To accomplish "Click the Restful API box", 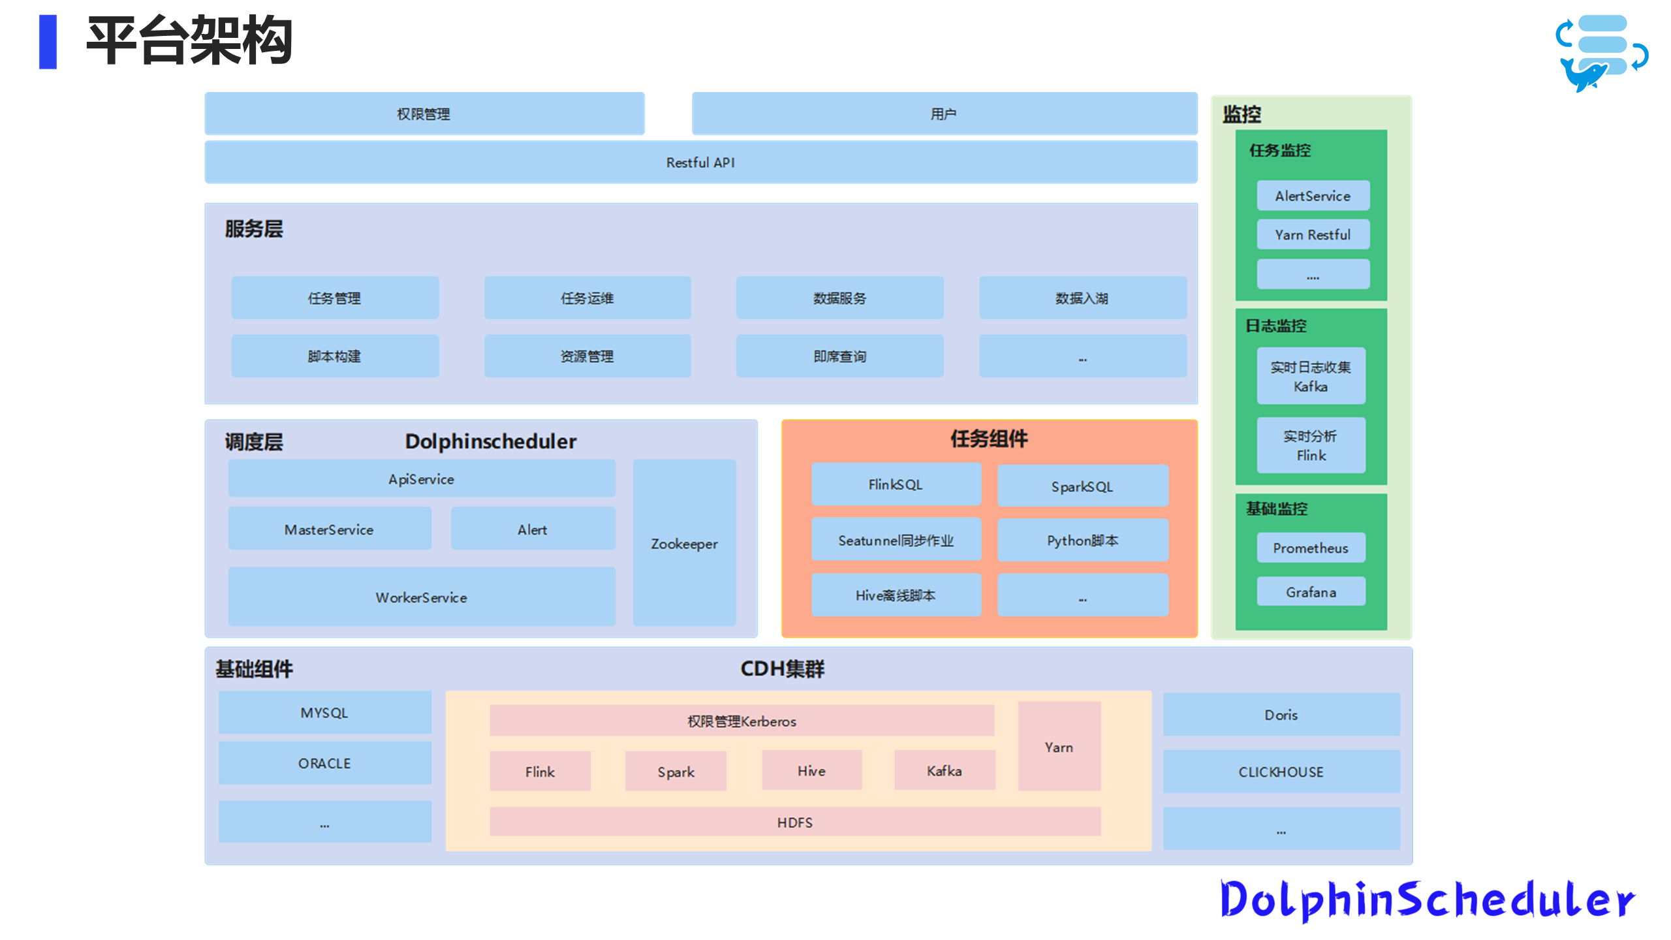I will pos(700,163).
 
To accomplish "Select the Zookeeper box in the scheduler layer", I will pos(684,543).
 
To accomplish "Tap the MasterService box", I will pos(329,529).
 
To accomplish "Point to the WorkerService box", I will pos(421,597).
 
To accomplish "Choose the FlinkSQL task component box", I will pos(896,484).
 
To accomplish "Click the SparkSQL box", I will pos(1082,486).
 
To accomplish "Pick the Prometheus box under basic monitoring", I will pos(1311,548).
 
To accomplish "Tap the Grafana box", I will pos(1311,591).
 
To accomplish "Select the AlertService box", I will pos(1313,196).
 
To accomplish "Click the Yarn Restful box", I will pos(1313,234).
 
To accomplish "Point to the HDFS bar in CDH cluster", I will pos(794,822).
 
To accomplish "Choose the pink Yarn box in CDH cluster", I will pos(1059,746).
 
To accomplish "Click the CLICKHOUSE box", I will pos(1281,772).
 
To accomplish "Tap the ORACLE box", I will pos(324,763).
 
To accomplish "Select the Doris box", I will pos(1281,715).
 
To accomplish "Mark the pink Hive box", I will pos(811,771).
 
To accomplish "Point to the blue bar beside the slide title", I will pos(48,42).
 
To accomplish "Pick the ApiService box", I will pos(421,478).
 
